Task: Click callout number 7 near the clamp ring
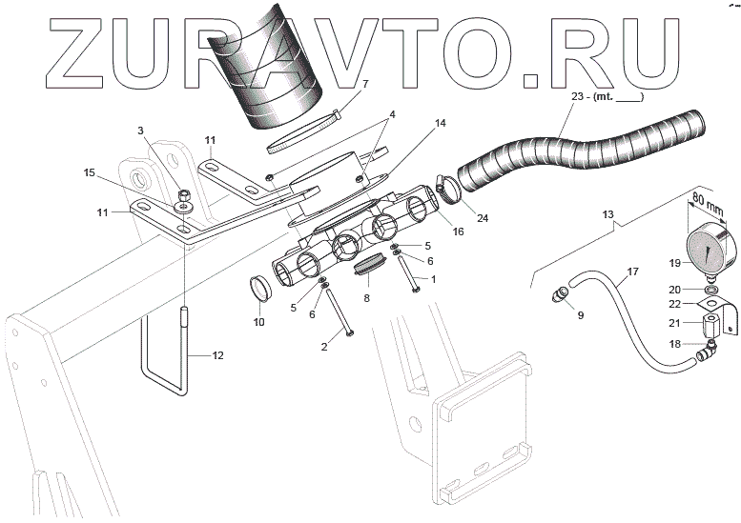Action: coord(363,84)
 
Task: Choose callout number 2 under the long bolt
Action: coord(324,347)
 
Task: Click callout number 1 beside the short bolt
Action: coord(433,279)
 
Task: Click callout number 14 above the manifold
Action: coord(413,123)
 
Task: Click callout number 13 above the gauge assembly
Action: coord(607,215)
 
